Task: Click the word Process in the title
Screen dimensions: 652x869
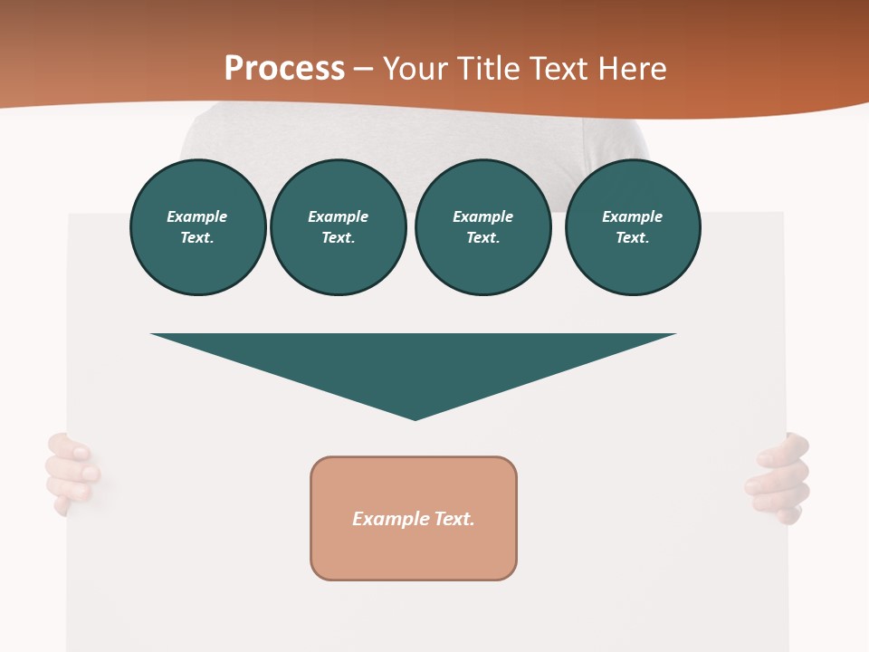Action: pyautogui.click(x=284, y=69)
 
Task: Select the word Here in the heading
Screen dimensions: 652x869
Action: pyautogui.click(x=630, y=69)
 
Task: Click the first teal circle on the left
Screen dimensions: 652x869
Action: pyautogui.click(x=198, y=227)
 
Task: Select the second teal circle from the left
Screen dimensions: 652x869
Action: pyautogui.click(x=339, y=227)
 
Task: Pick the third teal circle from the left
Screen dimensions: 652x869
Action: pyautogui.click(x=482, y=227)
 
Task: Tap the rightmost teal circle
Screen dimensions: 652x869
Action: pyautogui.click(x=633, y=227)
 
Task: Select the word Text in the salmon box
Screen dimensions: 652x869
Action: pyautogui.click(x=454, y=519)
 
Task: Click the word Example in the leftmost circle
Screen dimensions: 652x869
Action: pyautogui.click(x=197, y=216)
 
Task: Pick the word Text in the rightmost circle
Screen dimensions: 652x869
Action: pyautogui.click(x=632, y=238)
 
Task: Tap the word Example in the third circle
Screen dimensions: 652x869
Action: pyautogui.click(x=482, y=216)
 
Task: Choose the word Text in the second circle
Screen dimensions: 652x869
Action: pyautogui.click(x=338, y=238)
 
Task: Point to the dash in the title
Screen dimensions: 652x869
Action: pyautogui.click(x=364, y=69)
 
